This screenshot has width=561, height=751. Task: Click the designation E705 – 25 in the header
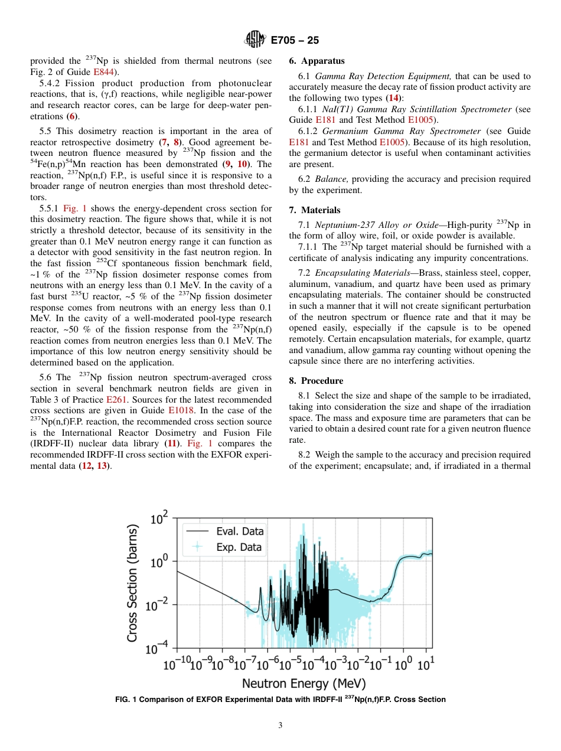295,41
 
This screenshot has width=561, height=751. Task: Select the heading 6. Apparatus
317,61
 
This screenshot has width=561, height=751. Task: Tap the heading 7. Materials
315,210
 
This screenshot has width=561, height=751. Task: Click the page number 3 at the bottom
280,726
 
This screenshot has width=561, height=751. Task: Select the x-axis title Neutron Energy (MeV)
304,684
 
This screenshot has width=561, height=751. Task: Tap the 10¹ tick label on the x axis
425,664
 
